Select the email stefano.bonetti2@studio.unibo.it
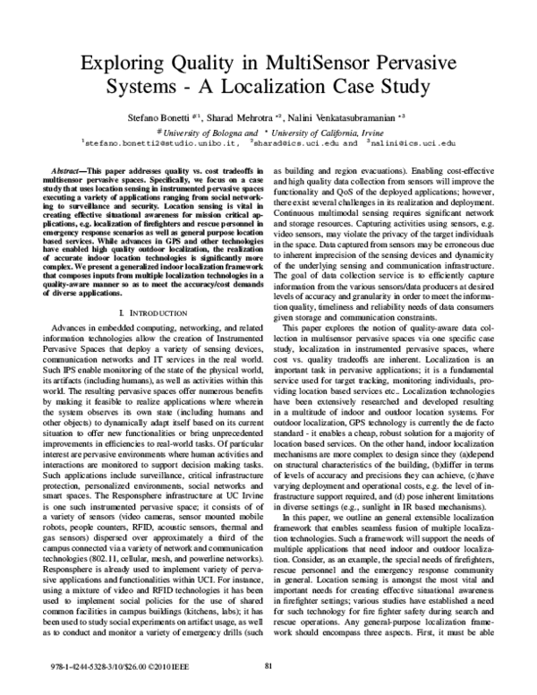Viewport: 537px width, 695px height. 161,142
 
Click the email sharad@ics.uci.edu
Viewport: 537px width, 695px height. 294,142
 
